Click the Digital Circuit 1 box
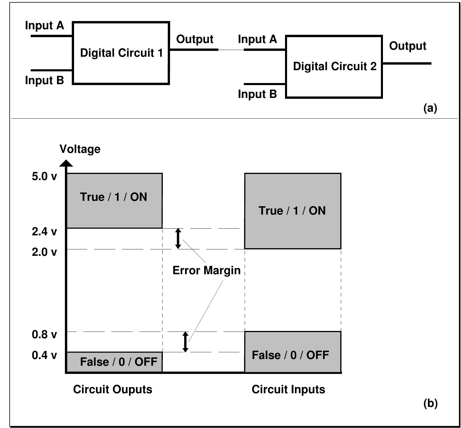[x=121, y=53]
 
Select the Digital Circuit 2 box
[x=334, y=67]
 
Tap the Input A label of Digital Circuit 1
[x=44, y=25]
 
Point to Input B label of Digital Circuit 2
[x=257, y=94]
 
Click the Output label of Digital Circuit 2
[x=408, y=46]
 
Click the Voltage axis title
[x=80, y=149]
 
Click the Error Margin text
[x=206, y=270]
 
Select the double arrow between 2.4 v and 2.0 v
[x=178, y=239]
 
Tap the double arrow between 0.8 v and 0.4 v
[x=185, y=342]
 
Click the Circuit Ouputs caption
[x=113, y=389]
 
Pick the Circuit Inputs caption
[x=288, y=389]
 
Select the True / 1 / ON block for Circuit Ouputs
[x=114, y=201]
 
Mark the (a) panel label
[x=430, y=108]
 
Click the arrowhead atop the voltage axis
[x=66, y=163]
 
